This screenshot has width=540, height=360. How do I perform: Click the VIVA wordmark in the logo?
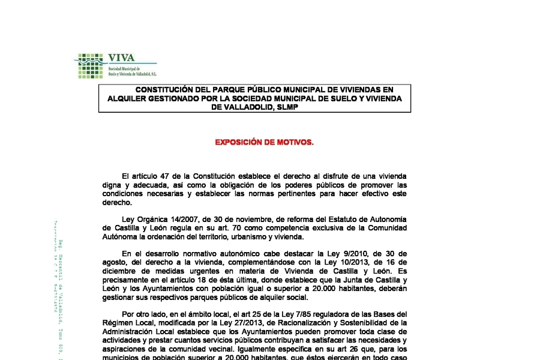(121, 58)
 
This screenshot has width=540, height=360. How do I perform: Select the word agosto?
(114, 262)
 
